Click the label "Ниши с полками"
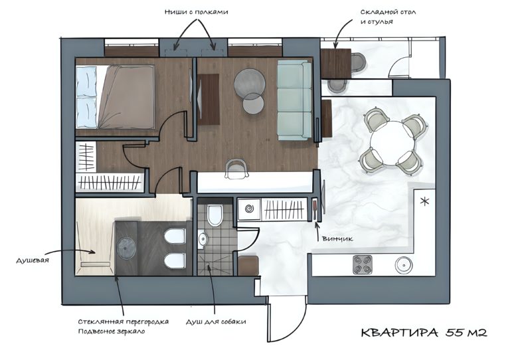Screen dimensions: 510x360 pos(196,13)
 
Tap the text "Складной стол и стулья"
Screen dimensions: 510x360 pos(388,17)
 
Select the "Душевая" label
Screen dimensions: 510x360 pos(32,260)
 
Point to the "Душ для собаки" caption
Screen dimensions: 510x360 pos(216,322)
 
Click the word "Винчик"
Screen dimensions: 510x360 pos(337,238)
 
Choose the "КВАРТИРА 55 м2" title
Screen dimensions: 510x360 pos(424,333)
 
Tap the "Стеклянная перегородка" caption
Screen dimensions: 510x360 pos(124,321)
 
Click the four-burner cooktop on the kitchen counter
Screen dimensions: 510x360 pos(363,265)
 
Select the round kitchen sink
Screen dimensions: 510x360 pos(404,265)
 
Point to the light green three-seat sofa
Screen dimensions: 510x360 pos(294,101)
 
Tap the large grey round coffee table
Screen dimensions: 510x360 pos(250,83)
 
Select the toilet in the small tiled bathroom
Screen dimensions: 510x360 pos(215,215)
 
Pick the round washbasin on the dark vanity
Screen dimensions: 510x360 pos(127,248)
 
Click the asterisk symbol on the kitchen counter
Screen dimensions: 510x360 pos(424,201)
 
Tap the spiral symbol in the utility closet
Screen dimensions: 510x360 pos(249,209)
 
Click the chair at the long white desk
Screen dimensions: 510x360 pos(236,169)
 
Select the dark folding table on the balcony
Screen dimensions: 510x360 pos(335,63)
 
